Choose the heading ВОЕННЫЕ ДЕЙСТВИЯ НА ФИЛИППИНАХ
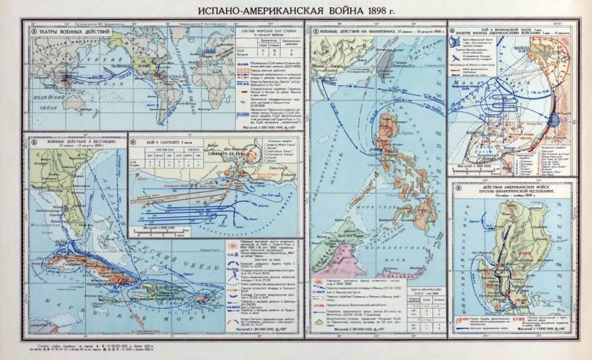pos(370,33)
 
